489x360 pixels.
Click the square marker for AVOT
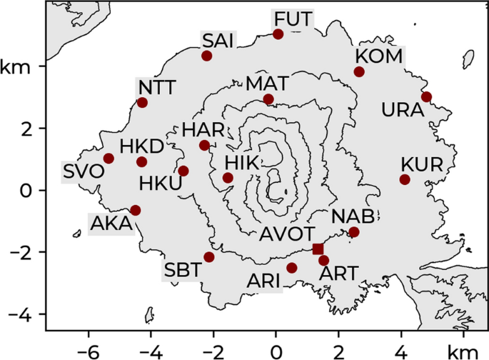click(x=318, y=249)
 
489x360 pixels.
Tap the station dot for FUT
click(x=278, y=34)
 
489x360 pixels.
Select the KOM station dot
click(x=359, y=71)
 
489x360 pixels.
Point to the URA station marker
click(x=426, y=97)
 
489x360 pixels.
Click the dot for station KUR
click(x=405, y=179)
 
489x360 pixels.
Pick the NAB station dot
click(x=354, y=232)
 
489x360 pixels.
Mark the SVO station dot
click(x=109, y=159)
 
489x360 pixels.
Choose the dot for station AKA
click(x=136, y=210)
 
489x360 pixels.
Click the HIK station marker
click(x=228, y=178)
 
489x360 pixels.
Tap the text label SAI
click(x=218, y=39)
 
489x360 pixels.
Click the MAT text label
click(x=267, y=83)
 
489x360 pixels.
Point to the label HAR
click(x=203, y=130)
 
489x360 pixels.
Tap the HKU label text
click(x=160, y=183)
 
